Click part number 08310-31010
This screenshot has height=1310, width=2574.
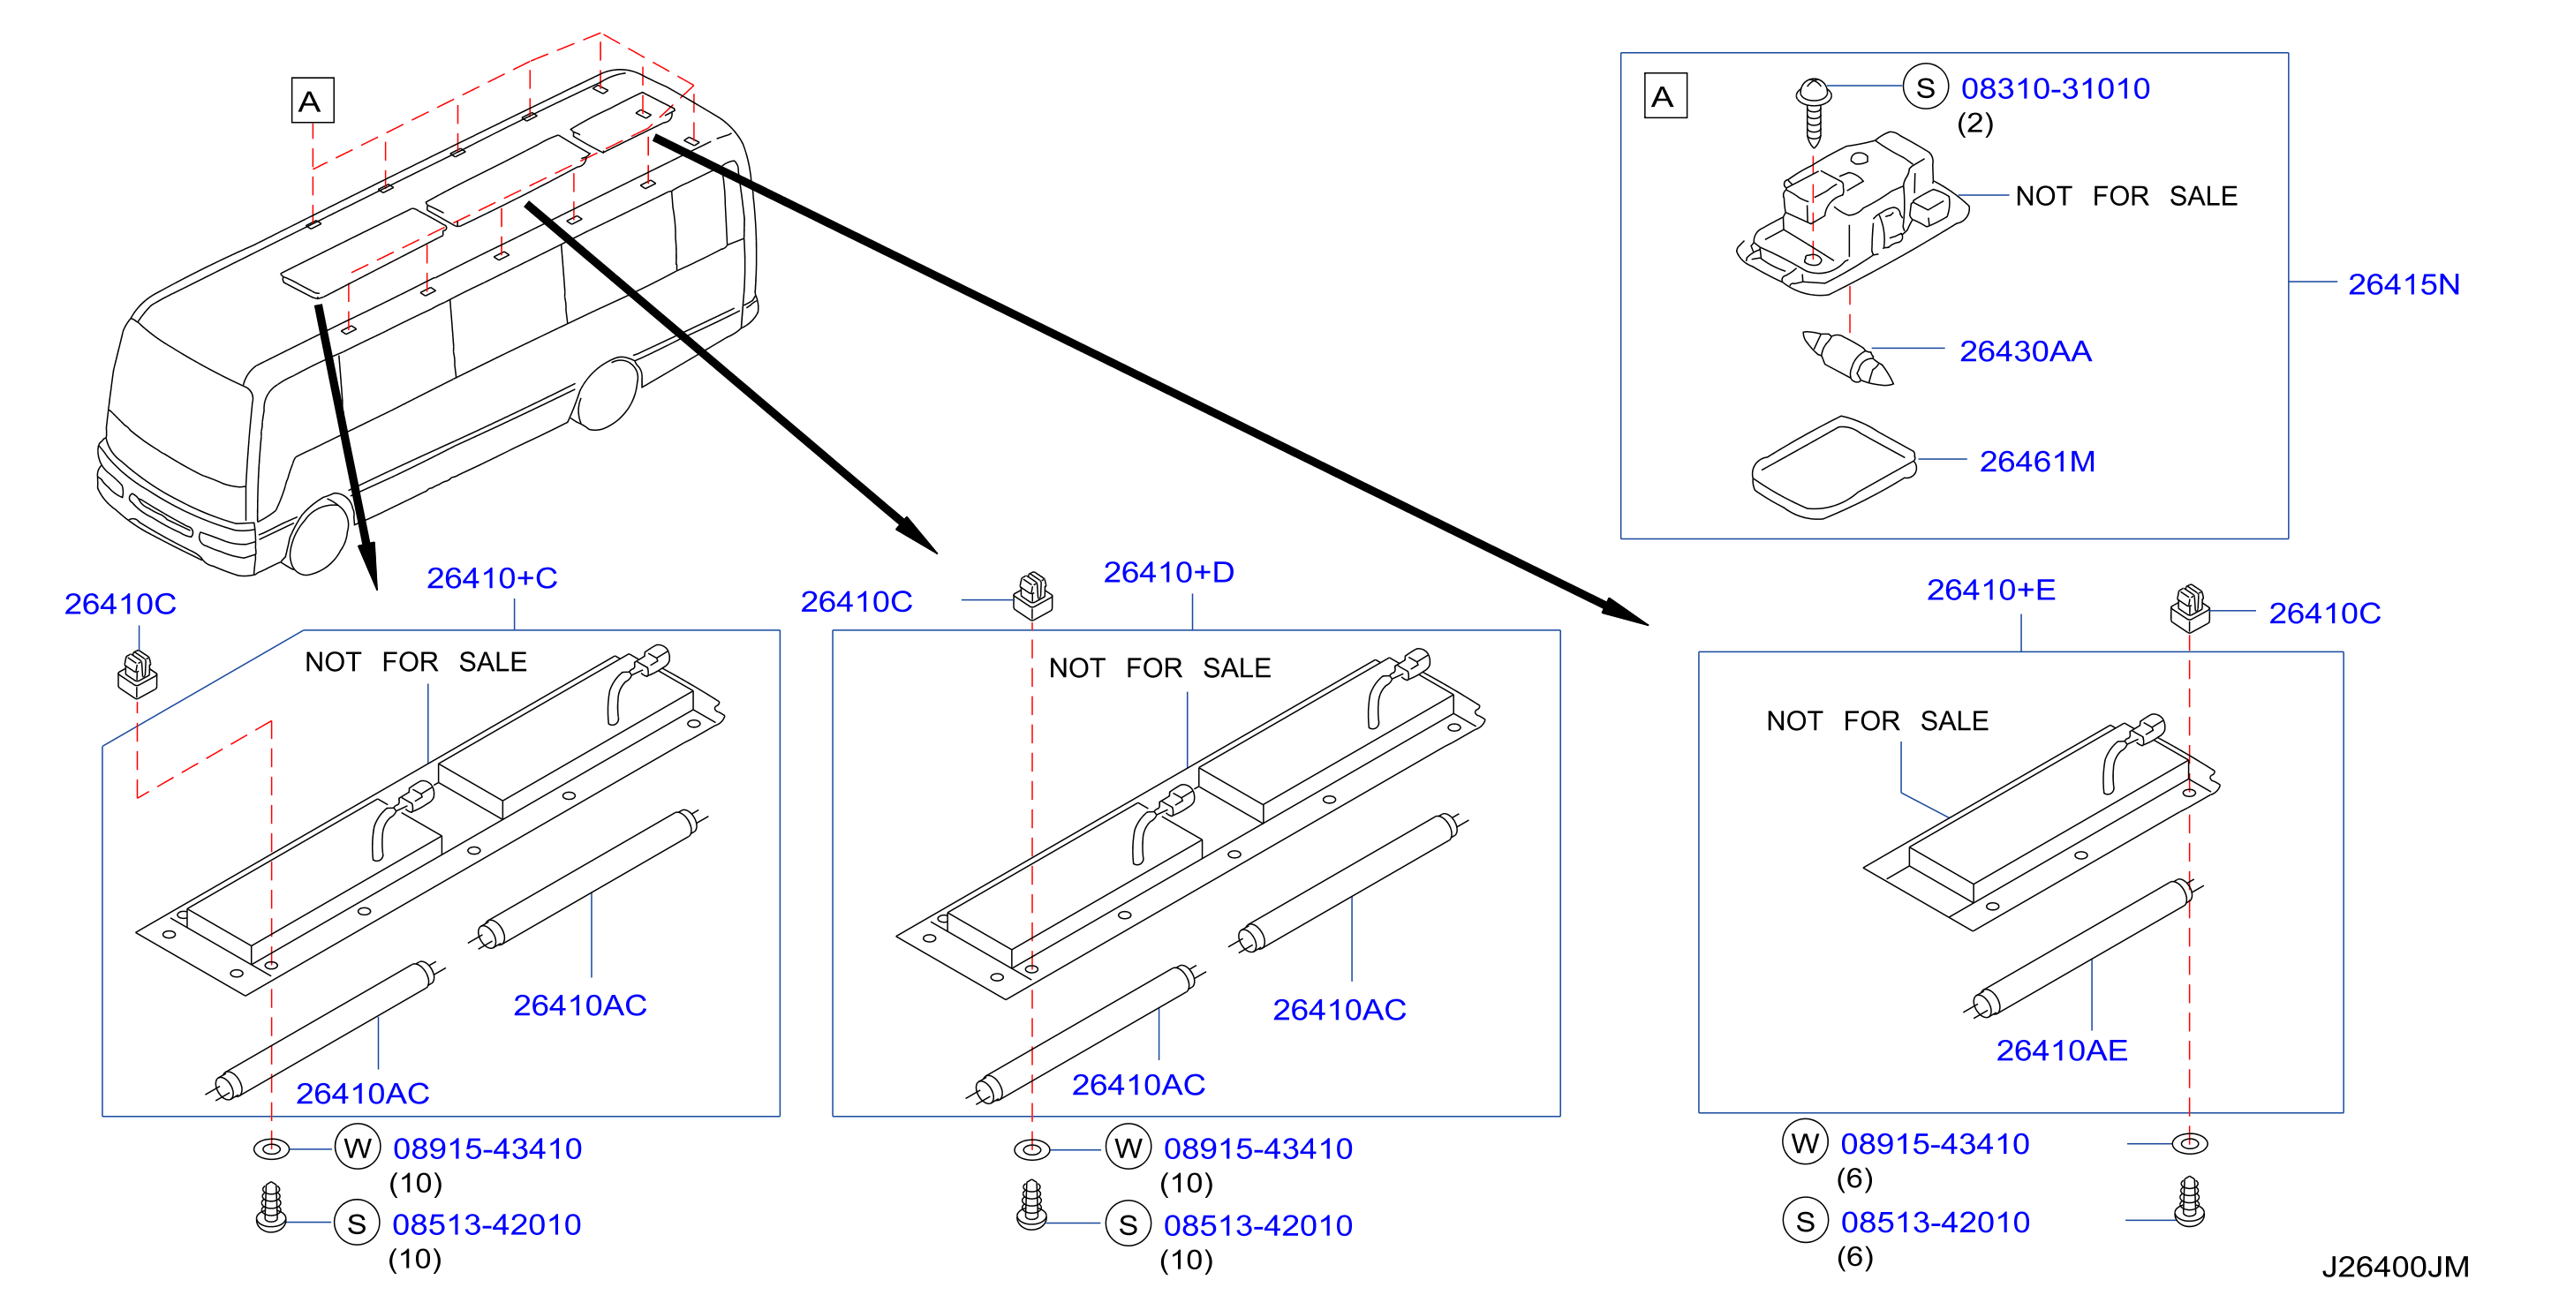[2055, 89]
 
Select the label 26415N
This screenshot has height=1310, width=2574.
[2403, 285]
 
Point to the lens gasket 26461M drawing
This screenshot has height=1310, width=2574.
[1835, 468]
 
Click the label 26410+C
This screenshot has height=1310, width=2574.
[492, 577]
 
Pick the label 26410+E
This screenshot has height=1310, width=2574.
[1990, 590]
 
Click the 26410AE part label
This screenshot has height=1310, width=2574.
[2061, 1050]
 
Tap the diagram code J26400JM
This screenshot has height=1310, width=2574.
[2395, 1267]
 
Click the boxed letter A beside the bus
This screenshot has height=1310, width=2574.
[312, 101]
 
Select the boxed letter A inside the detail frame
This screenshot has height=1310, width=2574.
[1664, 96]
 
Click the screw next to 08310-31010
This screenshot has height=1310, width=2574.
[1813, 112]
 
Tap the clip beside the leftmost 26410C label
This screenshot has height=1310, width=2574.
[138, 674]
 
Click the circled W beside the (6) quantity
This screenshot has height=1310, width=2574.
[1805, 1143]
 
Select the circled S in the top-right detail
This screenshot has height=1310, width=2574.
[1926, 88]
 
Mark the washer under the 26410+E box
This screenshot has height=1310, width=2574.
[2189, 1143]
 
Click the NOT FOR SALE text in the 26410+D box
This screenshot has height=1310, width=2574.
[1159, 667]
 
